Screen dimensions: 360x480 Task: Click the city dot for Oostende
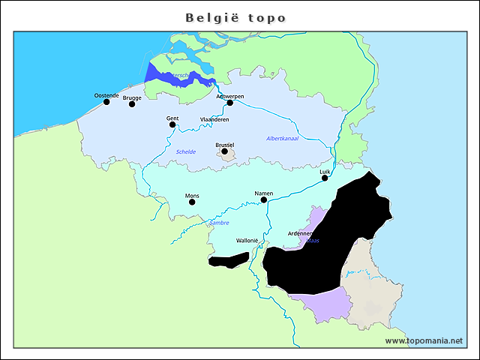click(x=106, y=102)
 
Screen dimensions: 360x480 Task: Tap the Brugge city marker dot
click(x=132, y=104)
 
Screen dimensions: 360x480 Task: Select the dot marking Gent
click(x=172, y=124)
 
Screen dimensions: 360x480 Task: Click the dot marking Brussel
click(x=224, y=151)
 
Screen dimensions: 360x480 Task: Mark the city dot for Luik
click(x=325, y=178)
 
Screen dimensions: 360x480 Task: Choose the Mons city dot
click(x=192, y=202)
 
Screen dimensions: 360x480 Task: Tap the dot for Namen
click(x=264, y=200)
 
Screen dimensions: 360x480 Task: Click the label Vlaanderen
click(x=214, y=119)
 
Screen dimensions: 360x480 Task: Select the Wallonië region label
click(x=247, y=241)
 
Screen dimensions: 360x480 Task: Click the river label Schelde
click(x=186, y=151)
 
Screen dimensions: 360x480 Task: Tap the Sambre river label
click(x=219, y=223)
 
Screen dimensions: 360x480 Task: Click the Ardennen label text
click(x=300, y=234)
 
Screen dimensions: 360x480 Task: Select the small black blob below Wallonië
click(x=228, y=260)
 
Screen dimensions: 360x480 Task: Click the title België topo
click(x=235, y=17)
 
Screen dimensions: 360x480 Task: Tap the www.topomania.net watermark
click(x=424, y=340)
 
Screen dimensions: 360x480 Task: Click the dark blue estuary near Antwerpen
click(x=180, y=77)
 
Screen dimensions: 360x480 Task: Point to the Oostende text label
click(x=106, y=95)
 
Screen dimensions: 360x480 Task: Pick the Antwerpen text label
click(x=229, y=96)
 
